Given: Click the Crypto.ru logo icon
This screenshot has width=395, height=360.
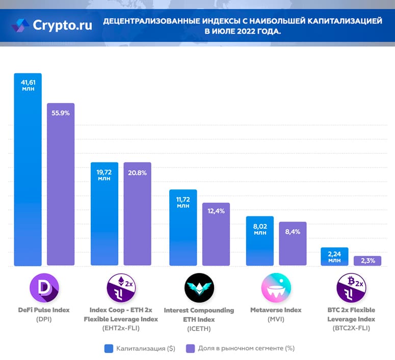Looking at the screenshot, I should click(x=21, y=24).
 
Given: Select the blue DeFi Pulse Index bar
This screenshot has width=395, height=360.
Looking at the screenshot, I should click(x=28, y=173).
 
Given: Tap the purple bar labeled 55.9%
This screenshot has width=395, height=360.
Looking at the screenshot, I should click(x=61, y=186).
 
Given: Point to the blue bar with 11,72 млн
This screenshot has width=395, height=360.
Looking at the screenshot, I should click(x=182, y=229).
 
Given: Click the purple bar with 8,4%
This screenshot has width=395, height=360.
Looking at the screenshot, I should click(x=293, y=244).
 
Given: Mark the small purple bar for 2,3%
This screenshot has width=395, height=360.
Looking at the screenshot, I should click(x=367, y=261).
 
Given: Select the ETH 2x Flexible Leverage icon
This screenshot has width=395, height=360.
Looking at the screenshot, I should click(x=121, y=288).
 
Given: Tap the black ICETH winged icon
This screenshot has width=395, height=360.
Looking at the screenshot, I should click(x=199, y=288).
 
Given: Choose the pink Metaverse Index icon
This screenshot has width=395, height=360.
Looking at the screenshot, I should click(x=276, y=288).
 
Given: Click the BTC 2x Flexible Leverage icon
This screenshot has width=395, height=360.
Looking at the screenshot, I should click(x=351, y=288).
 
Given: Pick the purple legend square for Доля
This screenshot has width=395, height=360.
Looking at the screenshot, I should click(x=191, y=348).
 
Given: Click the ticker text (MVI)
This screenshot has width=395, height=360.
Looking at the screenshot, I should click(x=276, y=319).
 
